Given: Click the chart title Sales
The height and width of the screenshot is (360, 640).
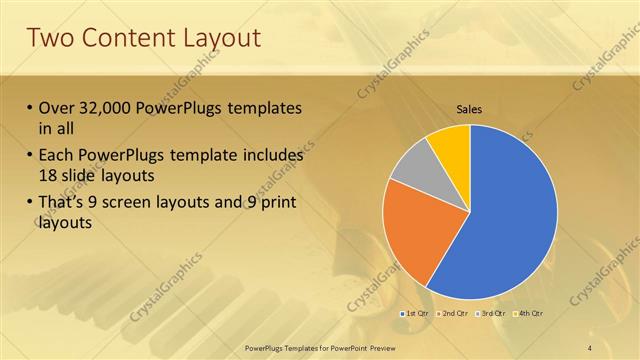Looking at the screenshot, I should [x=470, y=109].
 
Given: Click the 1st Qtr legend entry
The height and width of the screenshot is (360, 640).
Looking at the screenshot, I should [x=415, y=314].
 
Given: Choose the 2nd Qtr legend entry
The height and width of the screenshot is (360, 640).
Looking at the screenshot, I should [x=452, y=314].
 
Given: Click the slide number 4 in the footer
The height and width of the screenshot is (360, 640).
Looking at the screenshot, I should [x=590, y=347].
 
